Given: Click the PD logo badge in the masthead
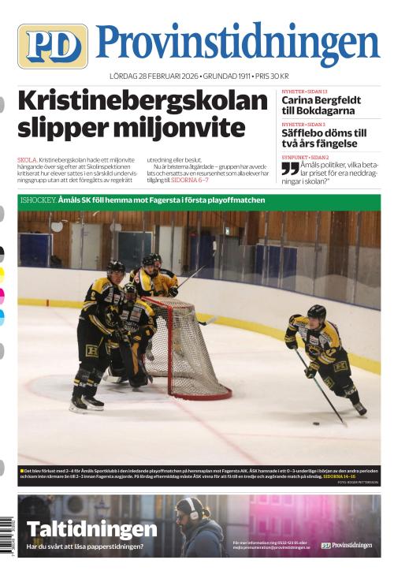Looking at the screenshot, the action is pos(52,46).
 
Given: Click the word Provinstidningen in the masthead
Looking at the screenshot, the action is pos(237,44).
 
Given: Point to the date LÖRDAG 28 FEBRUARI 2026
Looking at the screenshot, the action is pos(154,77).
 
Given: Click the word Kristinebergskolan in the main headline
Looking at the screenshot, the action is pos(143,102).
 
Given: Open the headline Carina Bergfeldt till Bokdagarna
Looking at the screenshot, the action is pos(322,106).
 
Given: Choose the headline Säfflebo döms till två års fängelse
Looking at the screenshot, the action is pos(324,139).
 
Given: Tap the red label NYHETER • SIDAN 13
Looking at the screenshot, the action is pos(305,92).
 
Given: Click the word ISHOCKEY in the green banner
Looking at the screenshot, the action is pos(38,200).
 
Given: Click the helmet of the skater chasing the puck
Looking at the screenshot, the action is pos(316,312).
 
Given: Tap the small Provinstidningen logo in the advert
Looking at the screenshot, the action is pos(346,545).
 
